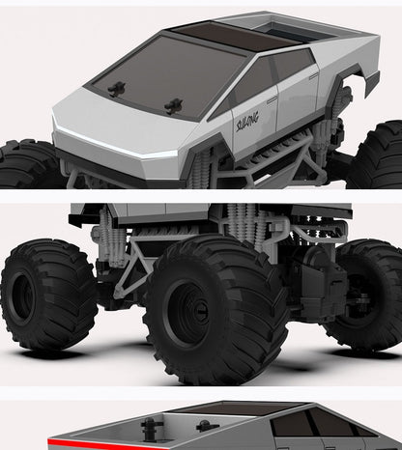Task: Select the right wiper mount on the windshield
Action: pyautogui.click(x=174, y=105)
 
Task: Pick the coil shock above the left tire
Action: pyautogui.click(x=109, y=237)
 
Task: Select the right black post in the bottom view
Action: pyautogui.click(x=203, y=425)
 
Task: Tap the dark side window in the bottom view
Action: pyautogui.click(x=300, y=425)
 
